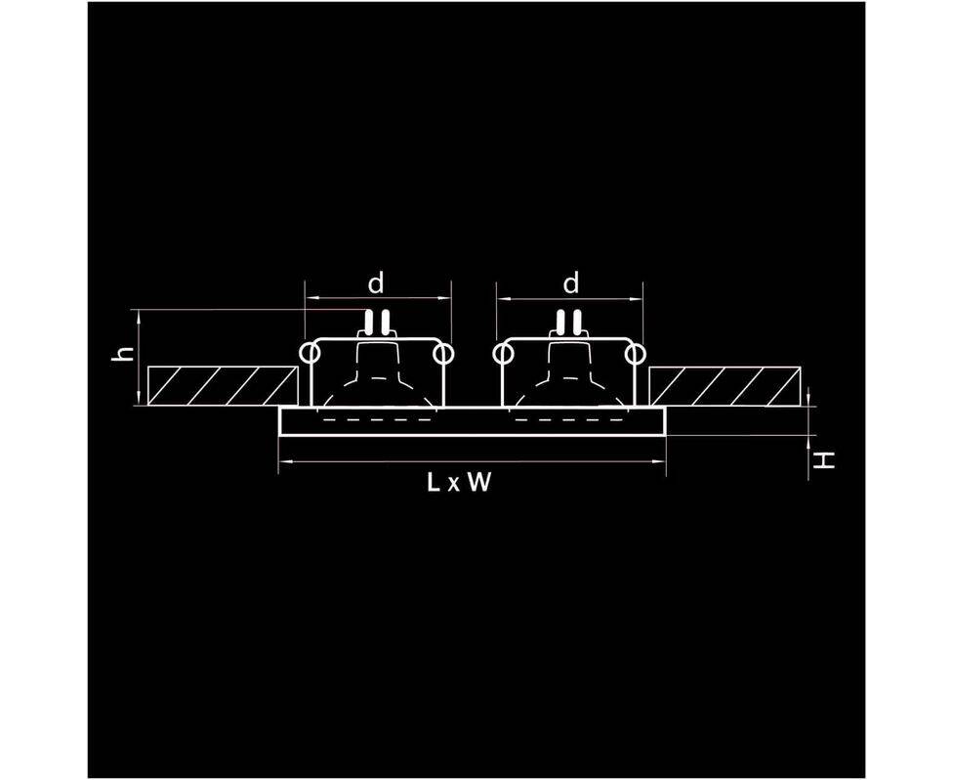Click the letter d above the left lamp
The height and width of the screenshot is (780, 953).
coord(376,283)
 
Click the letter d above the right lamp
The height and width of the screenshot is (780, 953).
coord(572,283)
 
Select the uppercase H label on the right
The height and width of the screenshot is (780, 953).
coord(826,458)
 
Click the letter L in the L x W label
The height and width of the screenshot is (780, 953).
coord(433,483)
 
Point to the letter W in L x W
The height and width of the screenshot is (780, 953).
coord(478,483)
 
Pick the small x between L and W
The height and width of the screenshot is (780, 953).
coord(454,485)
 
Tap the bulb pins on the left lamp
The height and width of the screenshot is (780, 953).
coord(376,322)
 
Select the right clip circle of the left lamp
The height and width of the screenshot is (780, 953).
coord(443,352)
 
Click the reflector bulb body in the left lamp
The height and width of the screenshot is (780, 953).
coord(376,381)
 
